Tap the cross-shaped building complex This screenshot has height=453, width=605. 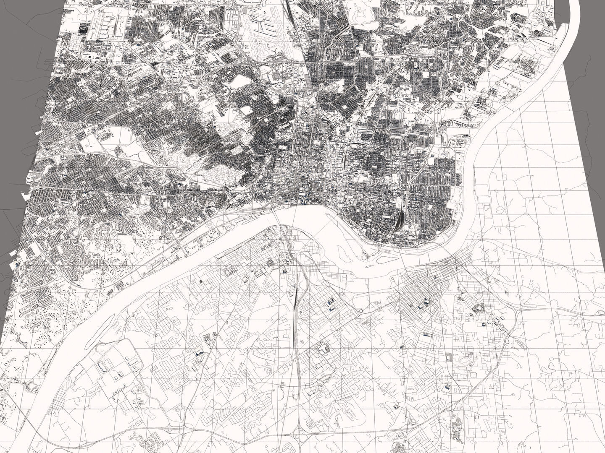[323, 348]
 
